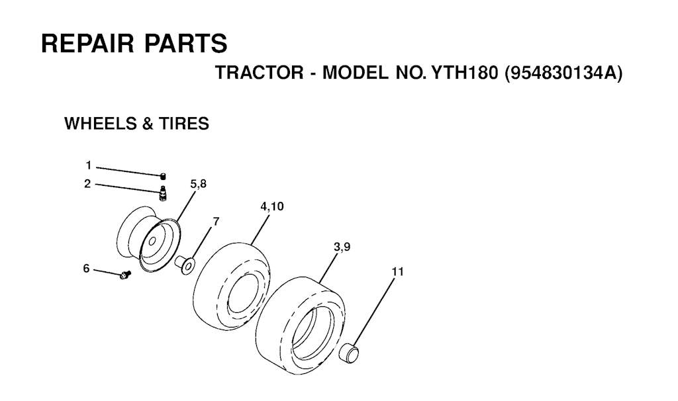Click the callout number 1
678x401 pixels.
(89, 165)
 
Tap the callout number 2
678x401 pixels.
(88, 184)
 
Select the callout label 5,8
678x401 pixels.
(199, 184)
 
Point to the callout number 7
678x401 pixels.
(216, 222)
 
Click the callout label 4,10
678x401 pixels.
(272, 206)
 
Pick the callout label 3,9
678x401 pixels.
(342, 247)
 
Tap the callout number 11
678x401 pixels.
(397, 272)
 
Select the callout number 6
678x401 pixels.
(87, 269)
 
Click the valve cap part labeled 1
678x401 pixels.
(164, 175)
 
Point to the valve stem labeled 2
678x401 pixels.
(163, 193)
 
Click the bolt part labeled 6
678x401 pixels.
(125, 275)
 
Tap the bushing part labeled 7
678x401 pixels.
(185, 264)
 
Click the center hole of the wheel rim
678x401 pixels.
(152, 242)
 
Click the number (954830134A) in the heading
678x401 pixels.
(564, 73)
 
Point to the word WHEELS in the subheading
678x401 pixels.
(100, 124)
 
